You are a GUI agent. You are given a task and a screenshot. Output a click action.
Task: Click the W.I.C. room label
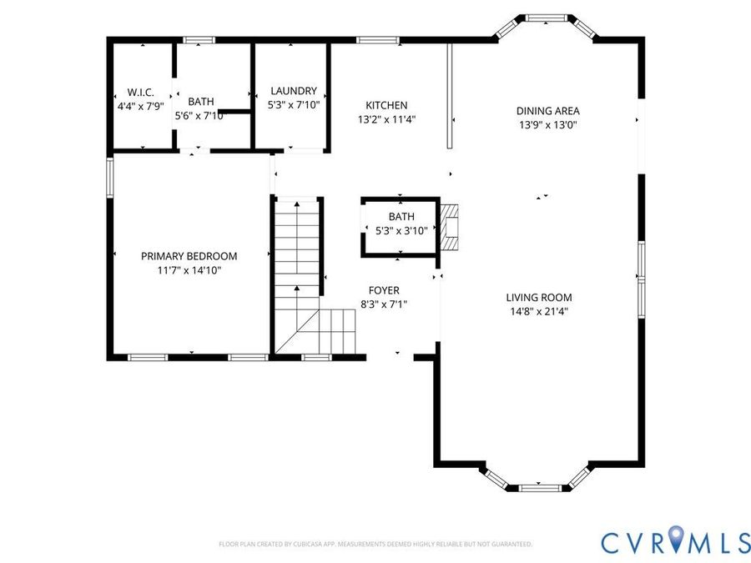pos(140,93)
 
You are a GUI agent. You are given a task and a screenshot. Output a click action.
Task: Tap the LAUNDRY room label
pos(294,91)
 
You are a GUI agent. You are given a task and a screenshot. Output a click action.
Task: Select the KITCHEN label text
pos(386,105)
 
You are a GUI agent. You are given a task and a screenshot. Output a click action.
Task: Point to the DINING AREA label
pos(548,111)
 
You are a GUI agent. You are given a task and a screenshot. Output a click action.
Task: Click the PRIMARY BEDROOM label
pos(189,256)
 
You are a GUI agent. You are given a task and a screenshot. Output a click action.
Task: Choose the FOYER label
pos(384,290)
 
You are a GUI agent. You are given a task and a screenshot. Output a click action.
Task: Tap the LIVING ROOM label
pos(539,297)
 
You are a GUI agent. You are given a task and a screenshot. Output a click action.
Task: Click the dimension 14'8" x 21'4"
pos(539,312)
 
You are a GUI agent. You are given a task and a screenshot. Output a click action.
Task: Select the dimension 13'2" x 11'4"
pos(386,119)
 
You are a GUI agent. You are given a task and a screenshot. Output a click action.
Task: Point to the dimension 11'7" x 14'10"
pos(189,270)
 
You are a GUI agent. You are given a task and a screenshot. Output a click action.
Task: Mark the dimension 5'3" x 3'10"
pos(401,231)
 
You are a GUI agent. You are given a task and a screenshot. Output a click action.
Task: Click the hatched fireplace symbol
pos(449,228)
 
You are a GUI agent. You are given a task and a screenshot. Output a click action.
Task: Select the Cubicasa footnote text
pos(375,544)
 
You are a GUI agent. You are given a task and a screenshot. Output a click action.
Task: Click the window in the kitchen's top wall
pos(377,40)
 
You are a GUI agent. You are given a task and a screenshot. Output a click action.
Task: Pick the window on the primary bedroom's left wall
pos(109,178)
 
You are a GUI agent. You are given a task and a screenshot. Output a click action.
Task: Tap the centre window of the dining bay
pos(546,18)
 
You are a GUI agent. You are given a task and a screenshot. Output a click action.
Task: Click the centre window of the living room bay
pos(540,488)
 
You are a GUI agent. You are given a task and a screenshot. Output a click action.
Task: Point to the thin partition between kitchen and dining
pos(450,96)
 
